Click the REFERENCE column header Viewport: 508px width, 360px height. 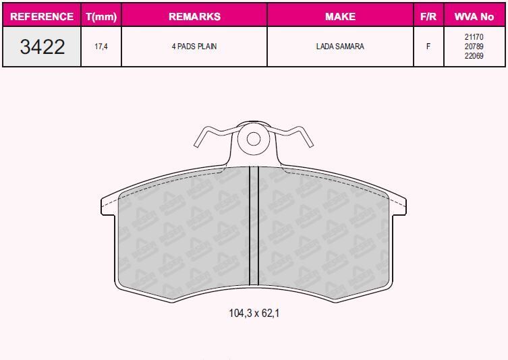(42, 16)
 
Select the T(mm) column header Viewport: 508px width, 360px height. (101, 16)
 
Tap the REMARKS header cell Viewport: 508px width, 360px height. (194, 16)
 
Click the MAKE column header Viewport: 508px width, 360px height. (340, 16)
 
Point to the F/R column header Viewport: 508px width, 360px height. (428, 16)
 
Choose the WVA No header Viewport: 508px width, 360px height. (474, 16)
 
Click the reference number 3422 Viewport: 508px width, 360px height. (42, 47)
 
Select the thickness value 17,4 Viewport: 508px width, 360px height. (101, 47)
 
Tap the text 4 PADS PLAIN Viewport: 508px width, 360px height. (194, 47)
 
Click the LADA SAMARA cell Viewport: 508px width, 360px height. (340, 47)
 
